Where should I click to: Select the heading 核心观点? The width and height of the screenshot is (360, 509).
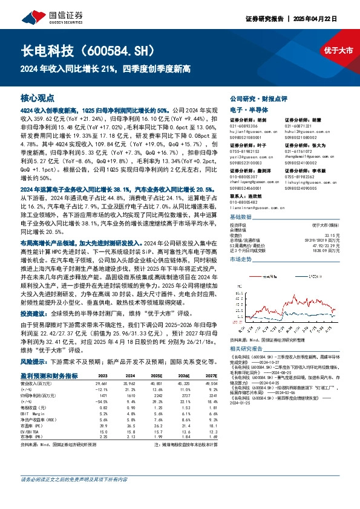[x=38, y=97]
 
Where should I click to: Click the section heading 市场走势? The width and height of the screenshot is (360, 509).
[x=241, y=259]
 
